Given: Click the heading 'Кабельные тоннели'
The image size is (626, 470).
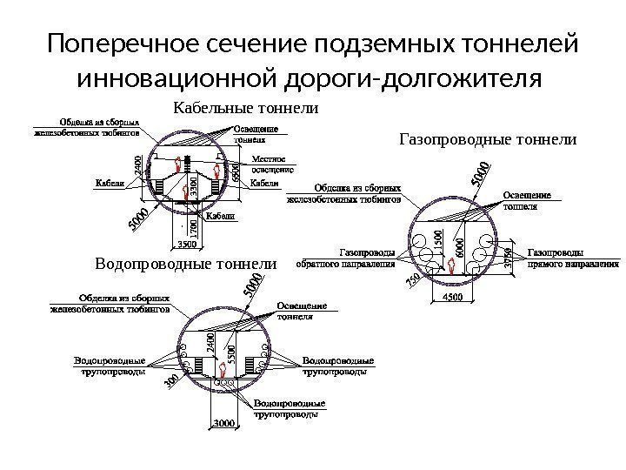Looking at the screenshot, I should pos(248,109).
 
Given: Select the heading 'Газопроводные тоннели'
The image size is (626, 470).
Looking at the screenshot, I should pos(488,138).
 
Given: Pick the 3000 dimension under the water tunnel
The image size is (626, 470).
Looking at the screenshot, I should pos(223,424).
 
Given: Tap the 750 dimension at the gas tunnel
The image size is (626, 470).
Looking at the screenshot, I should pos(412,281).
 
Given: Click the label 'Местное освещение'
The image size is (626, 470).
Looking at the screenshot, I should pos(273,164).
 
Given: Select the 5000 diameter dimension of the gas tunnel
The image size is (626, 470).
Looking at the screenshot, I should pos(479,173).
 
